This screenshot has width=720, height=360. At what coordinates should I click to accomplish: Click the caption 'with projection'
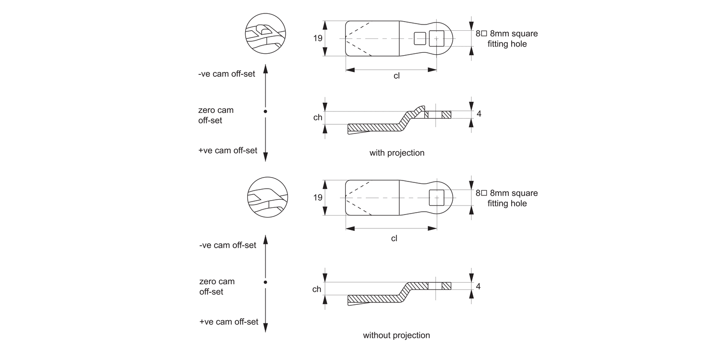pos(396,153)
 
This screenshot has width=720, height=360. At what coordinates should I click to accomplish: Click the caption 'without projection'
pos(396,335)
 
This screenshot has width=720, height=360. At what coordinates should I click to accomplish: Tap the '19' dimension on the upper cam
pos(318,38)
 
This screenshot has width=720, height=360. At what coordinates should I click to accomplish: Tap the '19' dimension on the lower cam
pos(318,197)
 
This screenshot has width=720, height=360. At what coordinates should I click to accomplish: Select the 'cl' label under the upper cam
pos(396,76)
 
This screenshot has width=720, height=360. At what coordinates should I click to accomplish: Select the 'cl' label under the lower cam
pos(394,238)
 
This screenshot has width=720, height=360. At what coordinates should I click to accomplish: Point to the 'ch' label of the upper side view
pos(318,118)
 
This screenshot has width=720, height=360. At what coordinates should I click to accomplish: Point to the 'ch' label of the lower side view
pos(317,289)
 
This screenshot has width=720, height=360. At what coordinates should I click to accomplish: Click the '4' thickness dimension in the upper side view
pos(479,114)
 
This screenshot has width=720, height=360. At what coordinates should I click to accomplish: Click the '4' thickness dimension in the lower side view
pos(479,286)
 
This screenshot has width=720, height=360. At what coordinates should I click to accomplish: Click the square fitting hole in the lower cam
pos(436,197)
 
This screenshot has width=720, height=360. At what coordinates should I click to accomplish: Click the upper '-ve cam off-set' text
pos(227,74)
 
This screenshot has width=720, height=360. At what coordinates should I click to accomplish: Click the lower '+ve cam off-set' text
pos(228,322)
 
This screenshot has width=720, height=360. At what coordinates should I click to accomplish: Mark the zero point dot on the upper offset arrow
pos(265,111)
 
